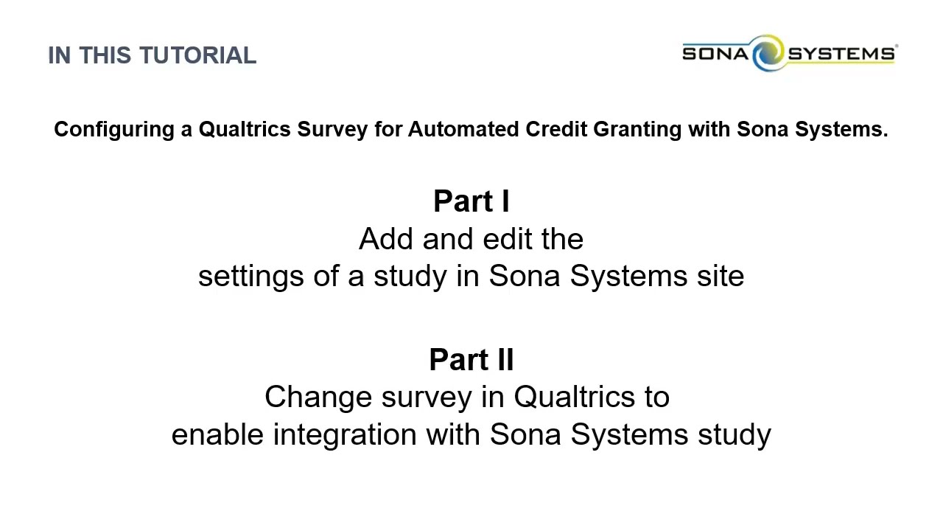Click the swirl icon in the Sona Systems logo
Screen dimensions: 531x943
768,53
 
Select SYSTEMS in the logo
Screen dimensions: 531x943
841,54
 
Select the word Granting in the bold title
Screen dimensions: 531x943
637,130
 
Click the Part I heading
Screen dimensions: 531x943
471,201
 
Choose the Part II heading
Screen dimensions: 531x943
471,360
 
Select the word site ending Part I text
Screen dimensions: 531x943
720,277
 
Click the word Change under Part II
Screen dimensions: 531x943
318,397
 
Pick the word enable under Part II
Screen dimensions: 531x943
217,434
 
